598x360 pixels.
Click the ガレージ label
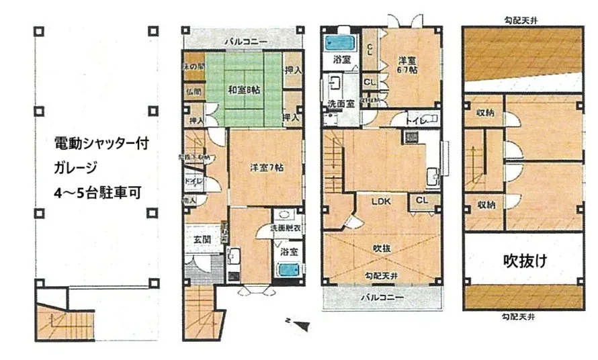[x=74, y=167]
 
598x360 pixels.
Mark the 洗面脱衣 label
[x=286, y=228]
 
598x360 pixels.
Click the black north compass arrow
[x=302, y=326]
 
